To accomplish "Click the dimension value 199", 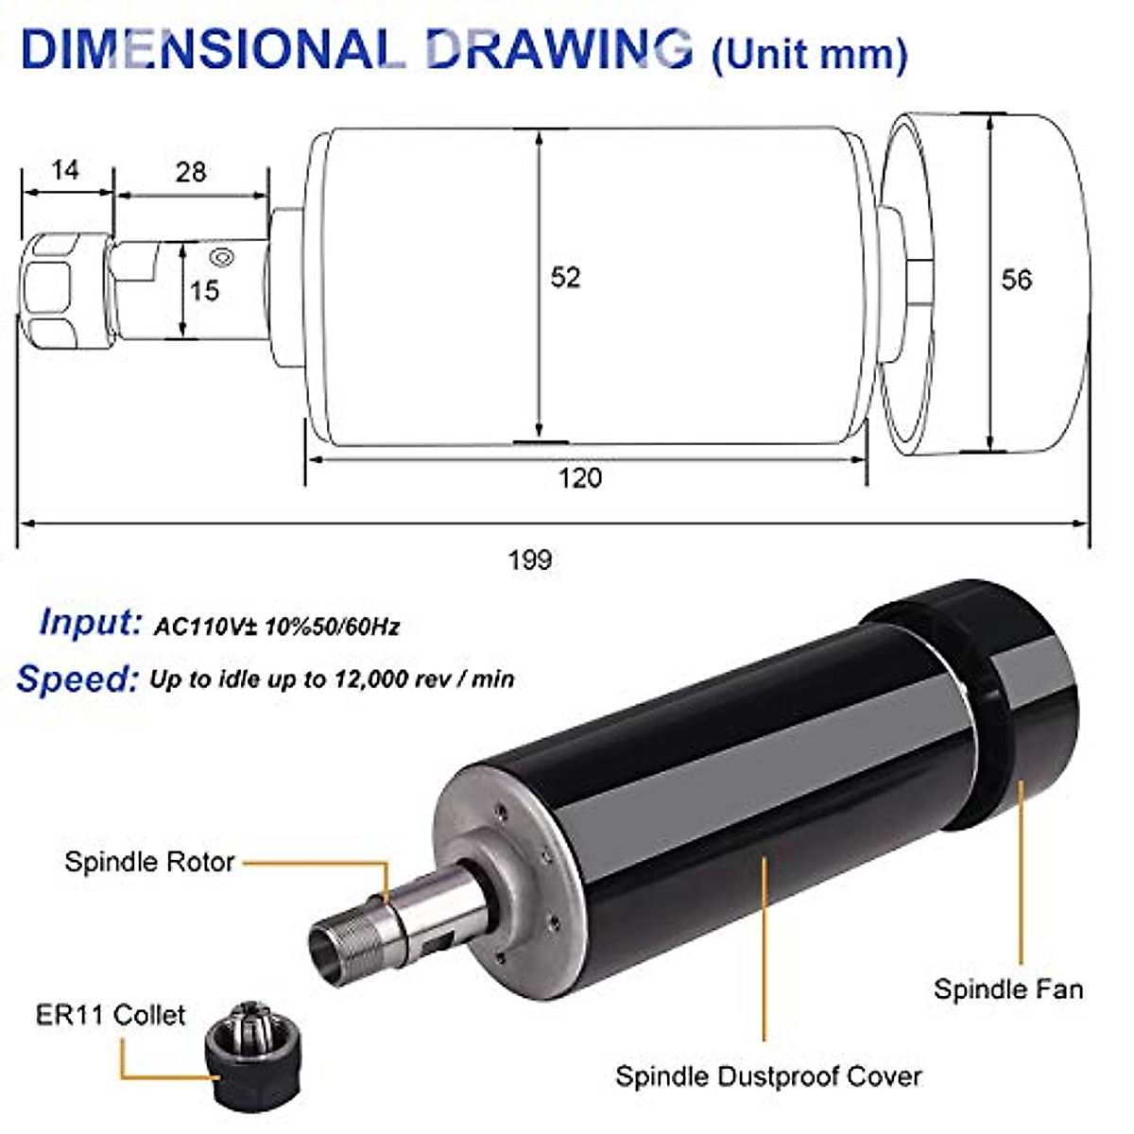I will tap(529, 559).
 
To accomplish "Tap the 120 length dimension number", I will tap(579, 478).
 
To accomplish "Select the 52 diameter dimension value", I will tap(565, 277).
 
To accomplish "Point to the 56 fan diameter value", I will tap(1017, 280).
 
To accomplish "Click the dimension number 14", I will tap(64, 170).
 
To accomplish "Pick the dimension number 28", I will tap(191, 172).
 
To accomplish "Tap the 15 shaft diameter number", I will tap(204, 290).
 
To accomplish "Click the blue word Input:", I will tap(91, 622).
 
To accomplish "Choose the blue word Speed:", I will tap(77, 679).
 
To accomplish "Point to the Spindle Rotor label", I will tap(149, 862).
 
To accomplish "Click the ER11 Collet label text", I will tap(111, 1016).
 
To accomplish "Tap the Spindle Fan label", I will tap(1007, 989).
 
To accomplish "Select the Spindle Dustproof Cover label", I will tap(768, 1076).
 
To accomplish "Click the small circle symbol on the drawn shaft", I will tap(224, 255).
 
